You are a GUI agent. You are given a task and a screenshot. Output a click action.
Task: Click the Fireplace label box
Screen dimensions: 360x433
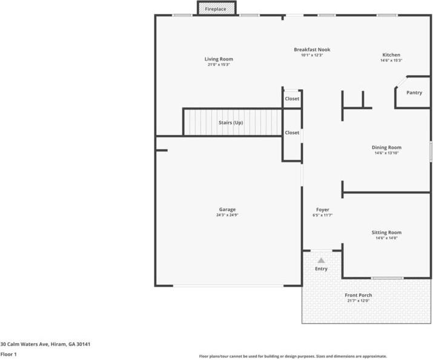216,9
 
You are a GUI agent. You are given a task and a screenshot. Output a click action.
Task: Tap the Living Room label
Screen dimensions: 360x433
219,59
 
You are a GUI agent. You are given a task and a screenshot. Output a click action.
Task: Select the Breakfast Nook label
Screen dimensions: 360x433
312,50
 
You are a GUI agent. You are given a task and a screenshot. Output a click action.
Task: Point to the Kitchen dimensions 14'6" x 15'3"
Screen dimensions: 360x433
391,61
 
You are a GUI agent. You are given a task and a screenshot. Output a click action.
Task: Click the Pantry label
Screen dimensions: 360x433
414,93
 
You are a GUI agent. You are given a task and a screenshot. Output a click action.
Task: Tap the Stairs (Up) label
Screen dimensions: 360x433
231,123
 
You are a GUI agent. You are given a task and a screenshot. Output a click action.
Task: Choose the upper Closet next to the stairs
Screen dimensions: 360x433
292,99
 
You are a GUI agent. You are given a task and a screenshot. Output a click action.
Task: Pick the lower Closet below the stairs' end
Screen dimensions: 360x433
292,133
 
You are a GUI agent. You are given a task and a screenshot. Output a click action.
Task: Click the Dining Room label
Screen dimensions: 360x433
386,147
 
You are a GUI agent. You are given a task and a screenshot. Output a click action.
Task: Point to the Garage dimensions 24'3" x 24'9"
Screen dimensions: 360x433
227,215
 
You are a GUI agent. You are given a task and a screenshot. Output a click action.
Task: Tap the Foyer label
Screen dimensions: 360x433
323,210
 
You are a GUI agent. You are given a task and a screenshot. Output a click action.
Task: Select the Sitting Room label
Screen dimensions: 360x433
386,233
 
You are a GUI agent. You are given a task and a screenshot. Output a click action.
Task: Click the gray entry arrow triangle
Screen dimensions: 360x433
321,260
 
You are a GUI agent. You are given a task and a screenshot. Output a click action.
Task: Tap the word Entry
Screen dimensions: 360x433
321,268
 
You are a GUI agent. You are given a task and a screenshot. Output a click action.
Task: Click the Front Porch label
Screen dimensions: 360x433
359,295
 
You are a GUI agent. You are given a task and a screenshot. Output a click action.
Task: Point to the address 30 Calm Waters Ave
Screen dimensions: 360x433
45,344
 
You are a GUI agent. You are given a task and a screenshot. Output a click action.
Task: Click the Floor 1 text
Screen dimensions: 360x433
8,354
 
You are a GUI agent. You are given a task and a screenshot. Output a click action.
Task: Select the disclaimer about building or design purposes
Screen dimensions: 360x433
293,356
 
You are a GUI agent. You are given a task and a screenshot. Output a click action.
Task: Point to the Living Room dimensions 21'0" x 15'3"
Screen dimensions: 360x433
219,64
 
